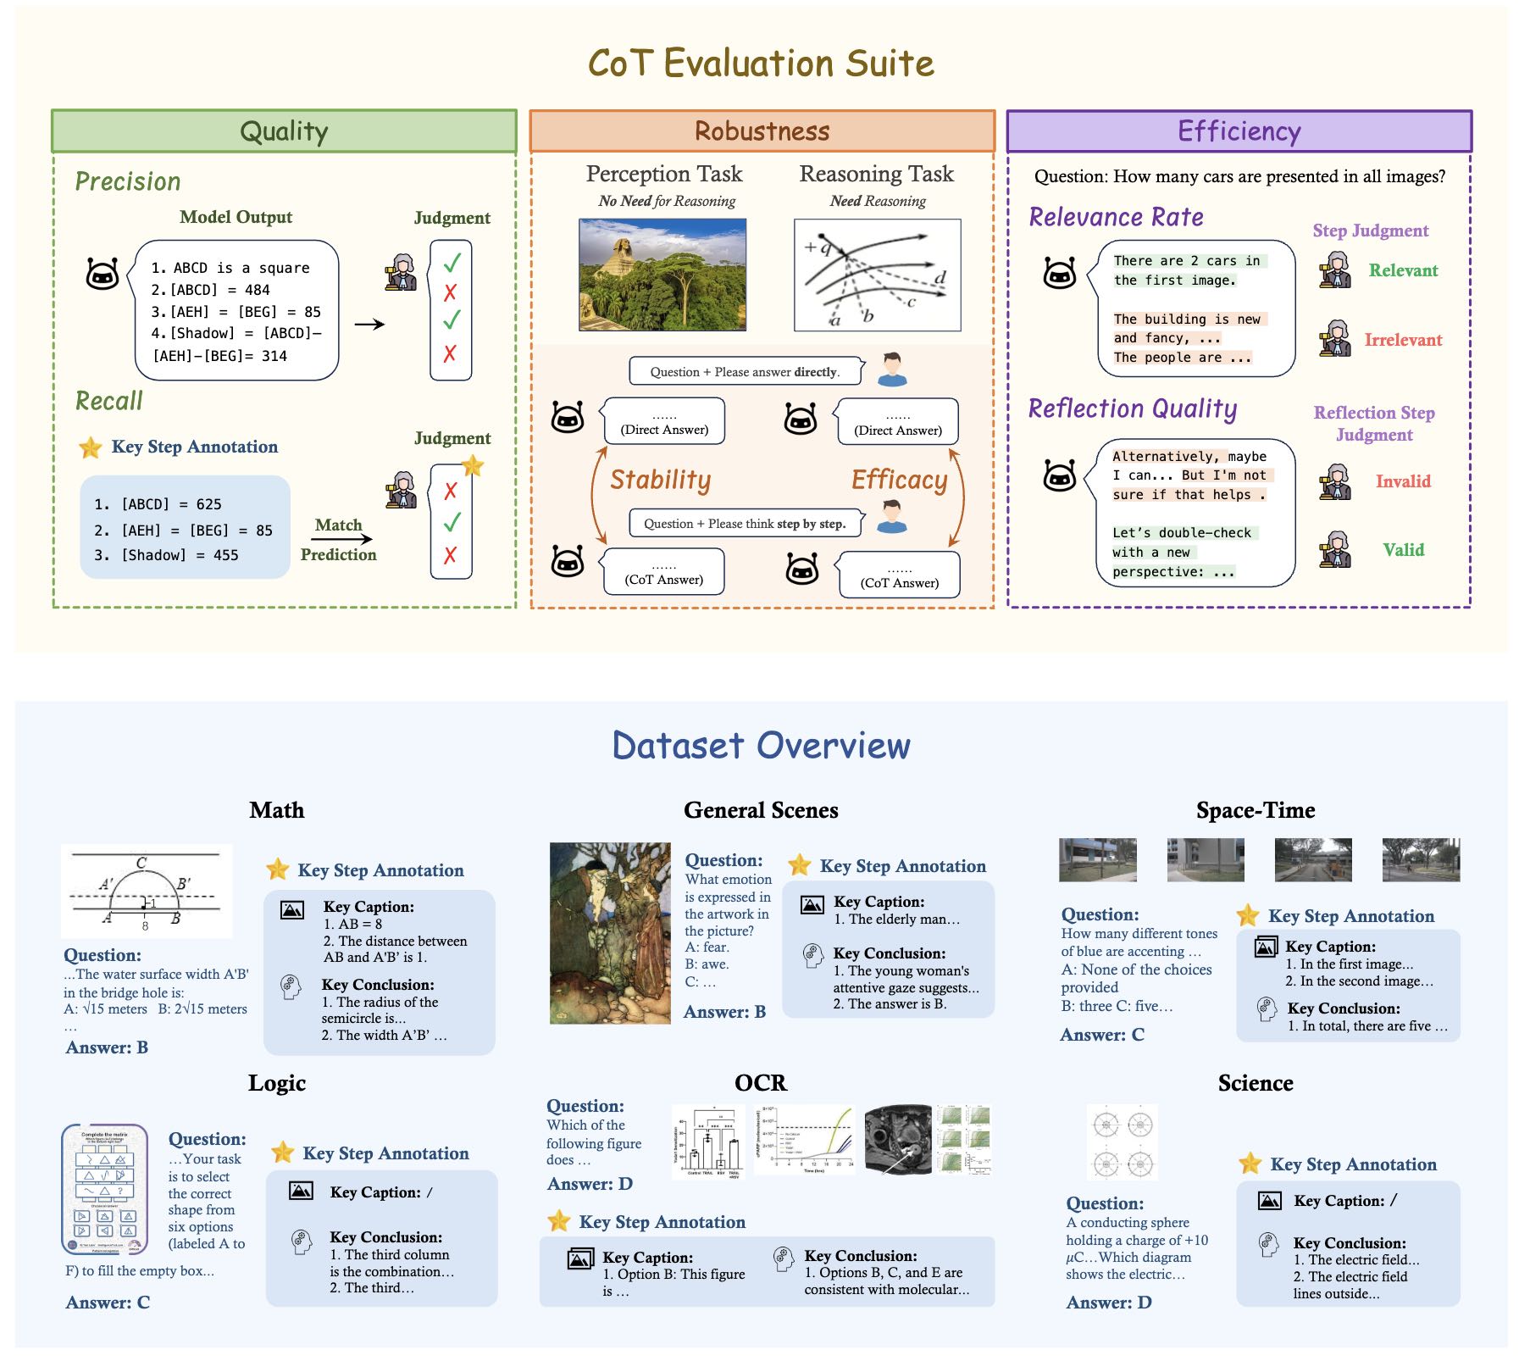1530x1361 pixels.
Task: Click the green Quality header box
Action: click(284, 131)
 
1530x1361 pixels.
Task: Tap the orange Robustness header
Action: click(762, 131)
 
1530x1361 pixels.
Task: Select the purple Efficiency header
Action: click(1239, 131)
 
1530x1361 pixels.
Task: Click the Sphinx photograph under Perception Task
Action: click(662, 275)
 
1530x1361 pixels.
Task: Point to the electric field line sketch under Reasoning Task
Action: click(877, 275)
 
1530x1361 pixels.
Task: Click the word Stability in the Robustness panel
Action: click(660, 480)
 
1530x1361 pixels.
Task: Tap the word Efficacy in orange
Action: click(899, 480)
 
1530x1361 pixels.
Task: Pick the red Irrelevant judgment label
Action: click(1402, 340)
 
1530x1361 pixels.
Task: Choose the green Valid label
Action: click(1403, 550)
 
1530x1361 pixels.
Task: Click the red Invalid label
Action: click(1402, 481)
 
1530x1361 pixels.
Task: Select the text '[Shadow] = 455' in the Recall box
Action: click(180, 555)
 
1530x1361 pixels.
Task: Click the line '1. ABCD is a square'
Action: click(230, 268)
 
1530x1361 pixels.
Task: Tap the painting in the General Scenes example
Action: click(610, 933)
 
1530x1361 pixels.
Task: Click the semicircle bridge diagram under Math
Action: click(146, 891)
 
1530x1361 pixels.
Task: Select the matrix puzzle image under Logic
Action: click(105, 1189)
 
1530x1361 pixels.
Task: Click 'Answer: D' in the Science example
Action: click(1108, 1303)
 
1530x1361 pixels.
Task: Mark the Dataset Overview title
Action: click(761, 746)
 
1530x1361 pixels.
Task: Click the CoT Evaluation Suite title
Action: click(761, 64)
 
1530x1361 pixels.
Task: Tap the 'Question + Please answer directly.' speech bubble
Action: click(745, 372)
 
